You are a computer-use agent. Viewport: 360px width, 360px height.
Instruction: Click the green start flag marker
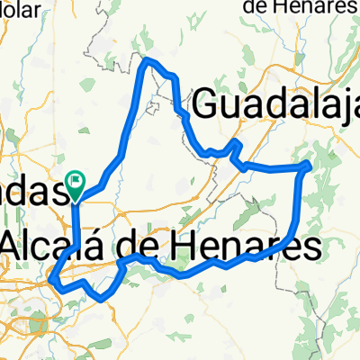point(76,184)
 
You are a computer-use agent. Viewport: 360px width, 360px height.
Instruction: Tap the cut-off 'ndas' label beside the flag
point(34,190)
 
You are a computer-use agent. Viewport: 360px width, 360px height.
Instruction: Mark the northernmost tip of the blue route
point(149,59)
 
